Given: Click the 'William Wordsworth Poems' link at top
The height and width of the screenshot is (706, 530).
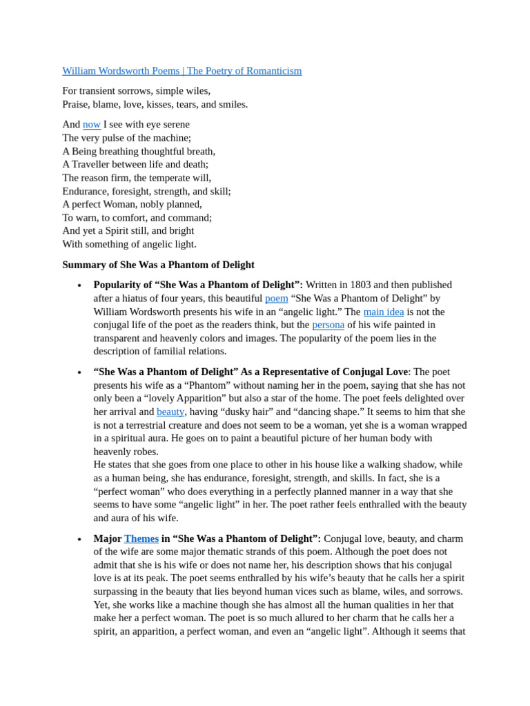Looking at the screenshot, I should (121, 71).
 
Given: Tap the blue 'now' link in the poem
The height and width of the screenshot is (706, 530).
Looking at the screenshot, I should (92, 125).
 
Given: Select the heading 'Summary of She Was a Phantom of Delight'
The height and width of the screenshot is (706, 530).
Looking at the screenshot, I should (158, 265).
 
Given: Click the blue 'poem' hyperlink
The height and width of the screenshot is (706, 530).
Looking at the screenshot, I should (276, 299).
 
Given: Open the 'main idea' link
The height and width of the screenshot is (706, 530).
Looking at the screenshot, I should (383, 312).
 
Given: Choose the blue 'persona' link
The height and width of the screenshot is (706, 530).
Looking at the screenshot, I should (328, 325).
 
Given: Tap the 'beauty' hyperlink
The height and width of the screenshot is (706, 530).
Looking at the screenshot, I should (170, 412).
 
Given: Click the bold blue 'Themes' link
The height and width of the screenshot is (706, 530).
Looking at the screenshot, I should (141, 538).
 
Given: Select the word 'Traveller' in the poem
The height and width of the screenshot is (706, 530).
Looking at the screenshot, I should (95, 164).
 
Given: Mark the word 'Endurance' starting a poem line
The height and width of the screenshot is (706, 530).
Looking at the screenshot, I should (86, 191).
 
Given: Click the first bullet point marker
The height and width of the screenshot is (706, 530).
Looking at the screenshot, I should (79, 285).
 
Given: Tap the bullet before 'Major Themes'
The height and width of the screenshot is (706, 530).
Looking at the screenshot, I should (79, 539).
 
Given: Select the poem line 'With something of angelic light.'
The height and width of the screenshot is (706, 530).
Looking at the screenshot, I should (129, 244).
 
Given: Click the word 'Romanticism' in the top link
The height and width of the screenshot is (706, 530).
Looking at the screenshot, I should (271, 71).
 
